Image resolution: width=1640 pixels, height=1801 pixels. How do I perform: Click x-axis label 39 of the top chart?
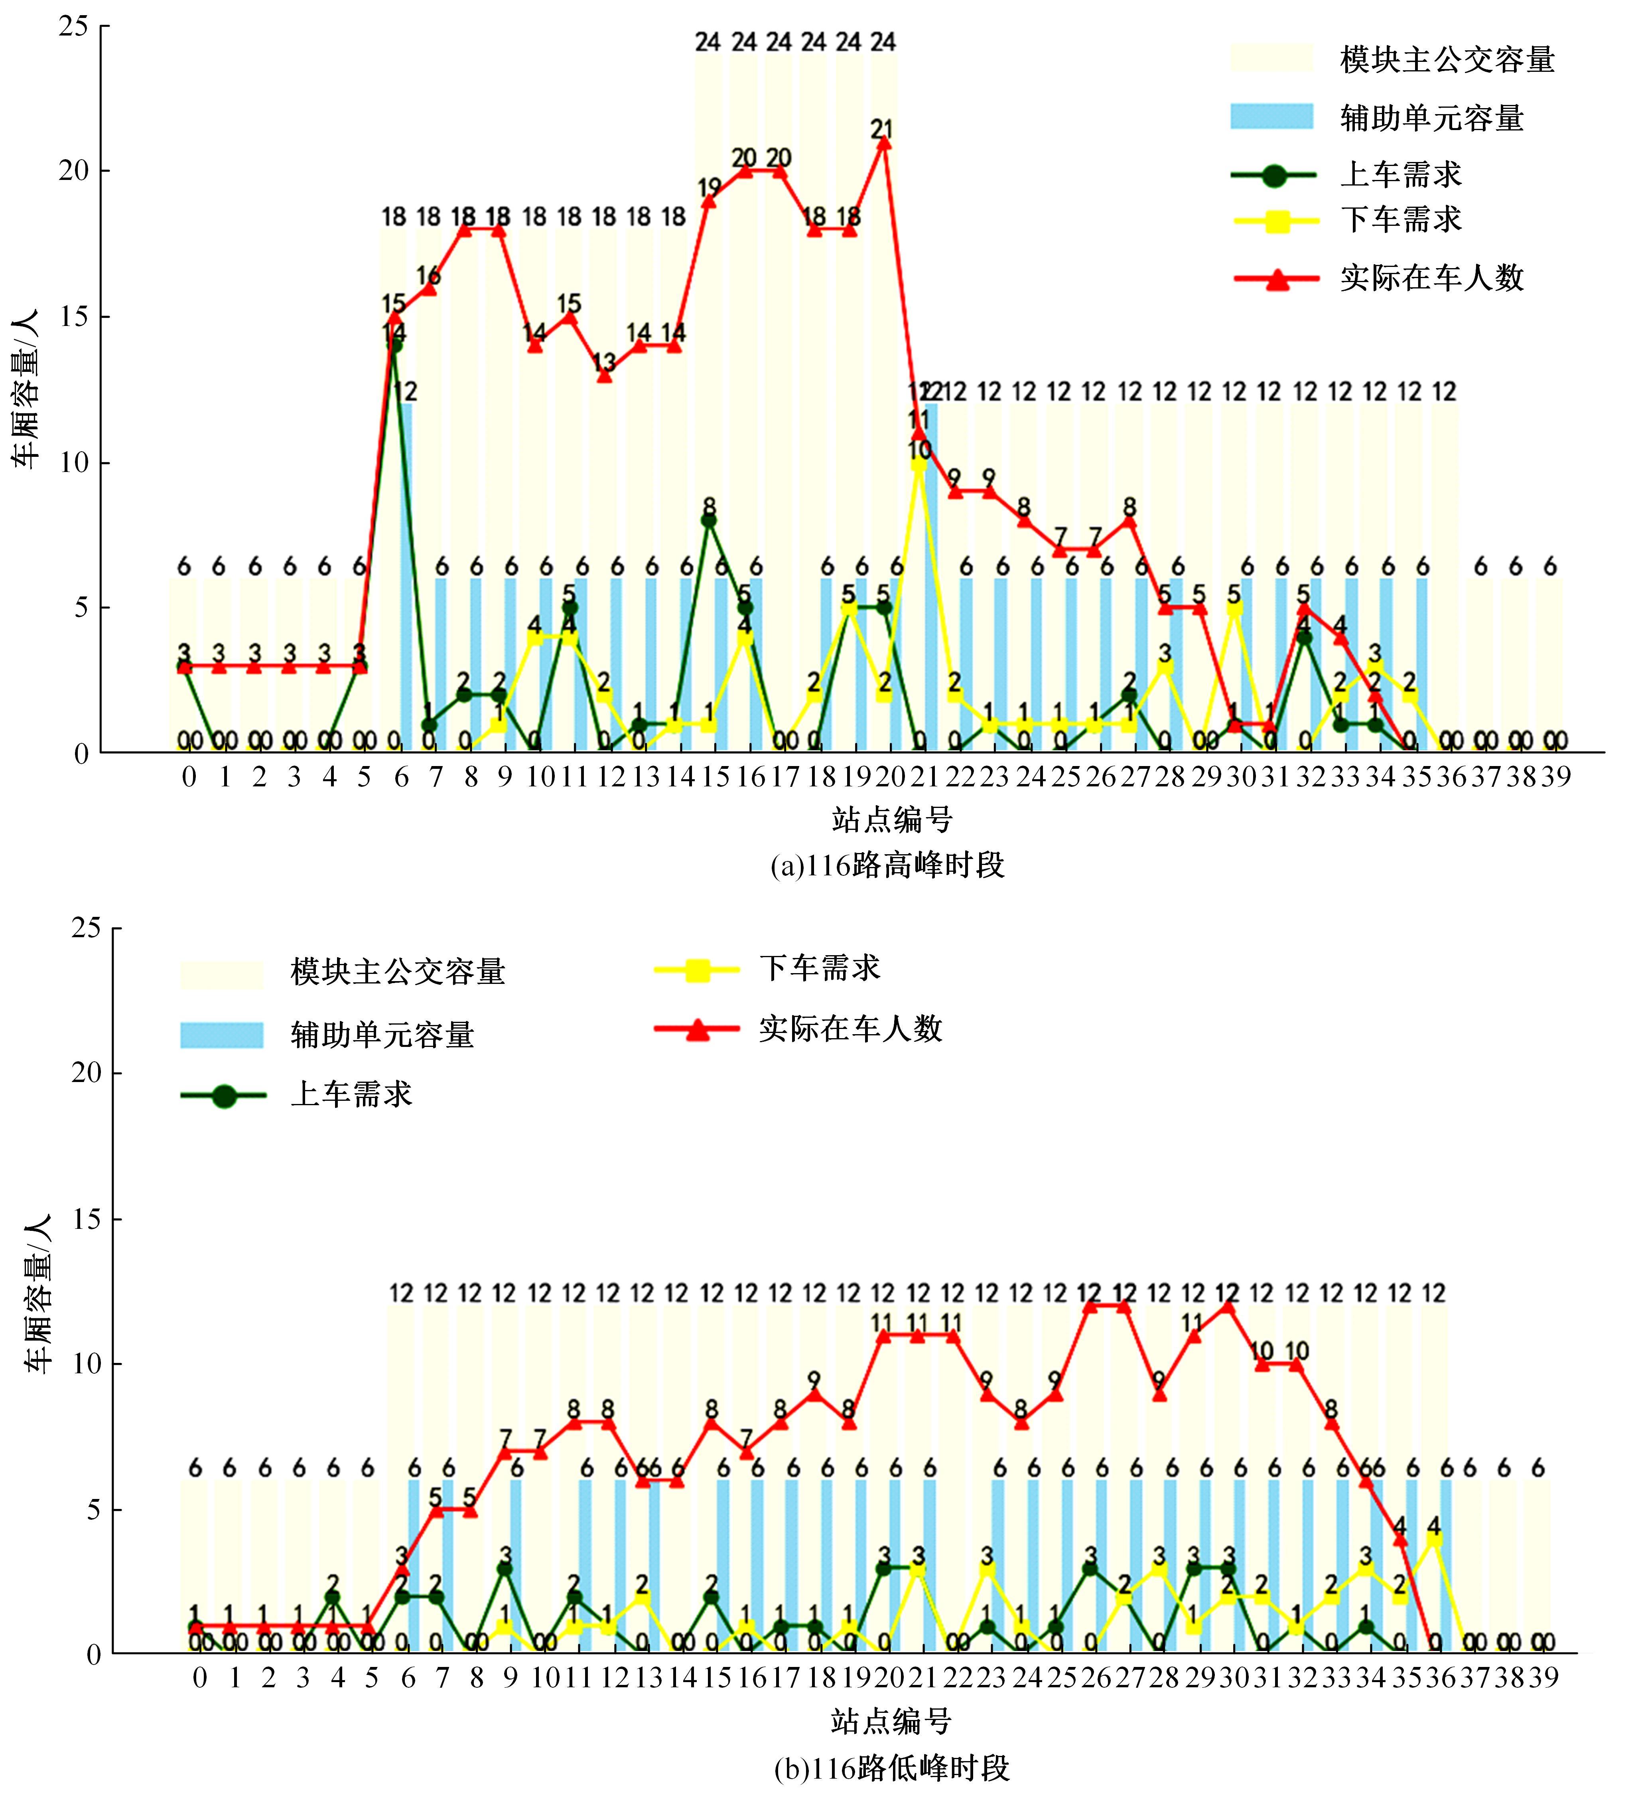[x=1555, y=777]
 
